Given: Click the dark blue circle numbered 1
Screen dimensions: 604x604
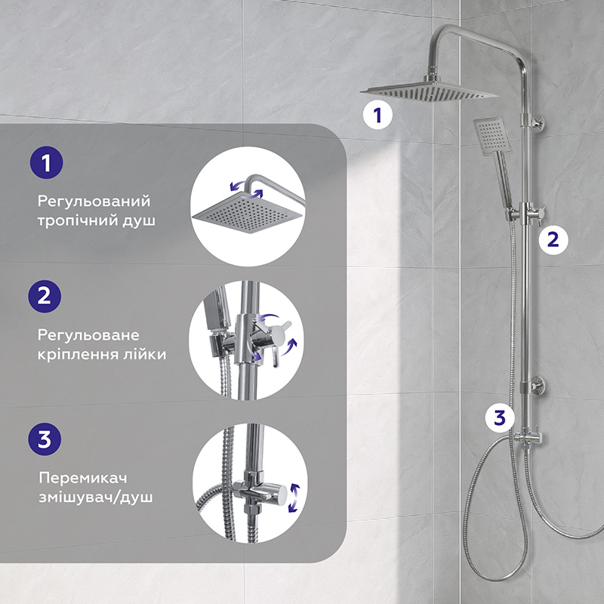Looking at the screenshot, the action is pyautogui.click(x=46, y=162).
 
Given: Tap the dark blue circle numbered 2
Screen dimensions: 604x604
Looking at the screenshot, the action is pyautogui.click(x=45, y=296).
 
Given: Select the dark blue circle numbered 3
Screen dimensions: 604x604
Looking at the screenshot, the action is pyautogui.click(x=45, y=439).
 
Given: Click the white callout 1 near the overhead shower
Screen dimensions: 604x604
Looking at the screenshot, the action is pyautogui.click(x=377, y=115).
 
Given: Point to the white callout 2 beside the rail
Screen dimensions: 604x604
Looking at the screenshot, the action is pyautogui.click(x=553, y=239).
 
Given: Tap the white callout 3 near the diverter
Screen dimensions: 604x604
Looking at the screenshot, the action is pyautogui.click(x=500, y=418).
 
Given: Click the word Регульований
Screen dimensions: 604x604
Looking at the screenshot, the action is pyautogui.click(x=94, y=201).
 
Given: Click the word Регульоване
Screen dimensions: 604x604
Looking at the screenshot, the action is pyautogui.click(x=88, y=335).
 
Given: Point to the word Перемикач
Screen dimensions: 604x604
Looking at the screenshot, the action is pyautogui.click(x=83, y=478).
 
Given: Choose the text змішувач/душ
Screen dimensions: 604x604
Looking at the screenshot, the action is pyautogui.click(x=96, y=497).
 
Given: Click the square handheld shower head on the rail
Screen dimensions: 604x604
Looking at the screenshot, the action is pyautogui.click(x=492, y=136).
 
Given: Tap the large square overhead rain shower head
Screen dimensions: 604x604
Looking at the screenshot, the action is pyautogui.click(x=429, y=92).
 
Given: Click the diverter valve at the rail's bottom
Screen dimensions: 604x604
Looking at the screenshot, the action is pyautogui.click(x=528, y=438).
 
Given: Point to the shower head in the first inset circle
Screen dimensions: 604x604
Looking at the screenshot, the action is pyautogui.click(x=247, y=213).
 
